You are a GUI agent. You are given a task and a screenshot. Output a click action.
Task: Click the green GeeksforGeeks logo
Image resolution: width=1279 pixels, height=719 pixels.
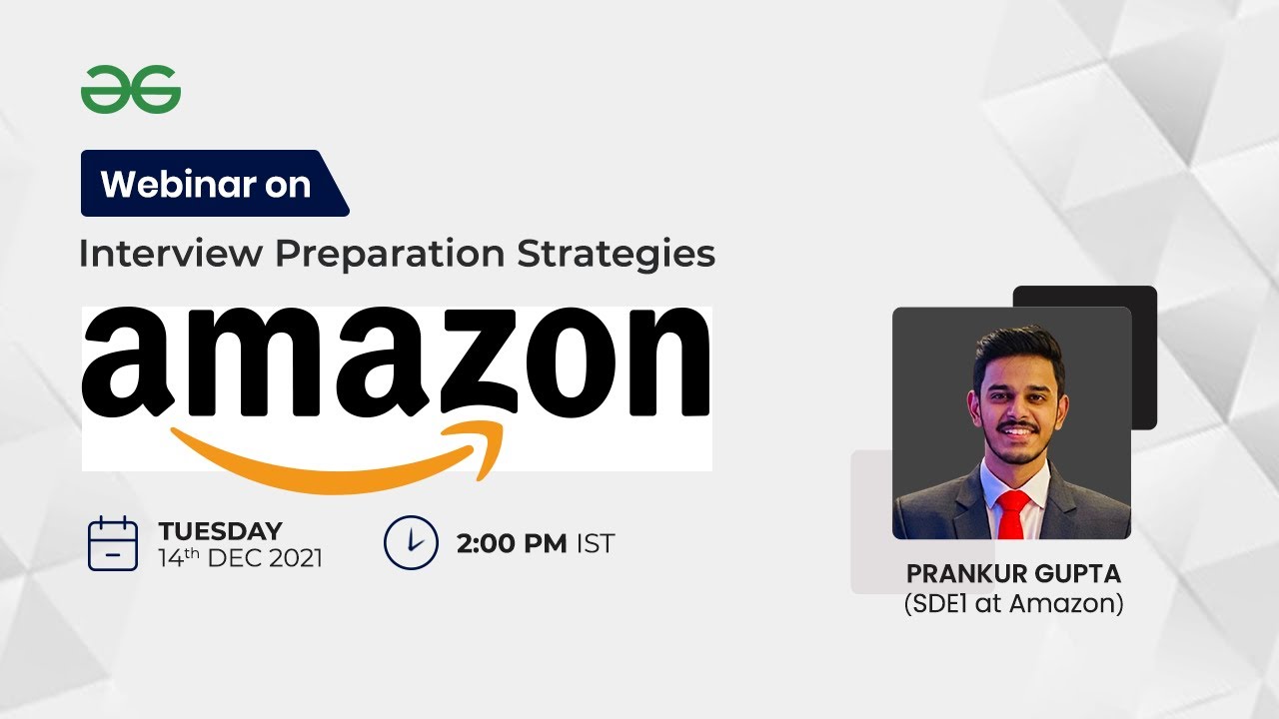(131, 90)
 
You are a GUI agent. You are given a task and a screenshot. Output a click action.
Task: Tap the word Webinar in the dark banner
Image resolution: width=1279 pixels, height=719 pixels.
(171, 185)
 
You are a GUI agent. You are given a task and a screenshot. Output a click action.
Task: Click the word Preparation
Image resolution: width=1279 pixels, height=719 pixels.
(391, 254)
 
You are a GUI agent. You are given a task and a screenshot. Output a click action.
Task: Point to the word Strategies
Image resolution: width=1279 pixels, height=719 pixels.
(616, 254)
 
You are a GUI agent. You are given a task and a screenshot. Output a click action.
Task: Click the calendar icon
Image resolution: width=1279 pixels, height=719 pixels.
(113, 544)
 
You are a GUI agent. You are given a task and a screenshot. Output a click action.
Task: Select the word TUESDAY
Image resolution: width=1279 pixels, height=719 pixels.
(220, 531)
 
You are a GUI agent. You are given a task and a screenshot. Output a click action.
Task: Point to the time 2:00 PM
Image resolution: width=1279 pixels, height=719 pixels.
(512, 544)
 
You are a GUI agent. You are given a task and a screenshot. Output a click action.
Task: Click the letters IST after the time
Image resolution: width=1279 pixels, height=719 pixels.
(596, 544)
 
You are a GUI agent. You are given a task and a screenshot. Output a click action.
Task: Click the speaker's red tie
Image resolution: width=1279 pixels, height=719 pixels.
(1012, 513)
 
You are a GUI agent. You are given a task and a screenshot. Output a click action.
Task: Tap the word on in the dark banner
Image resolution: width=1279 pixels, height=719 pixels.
(288, 185)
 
